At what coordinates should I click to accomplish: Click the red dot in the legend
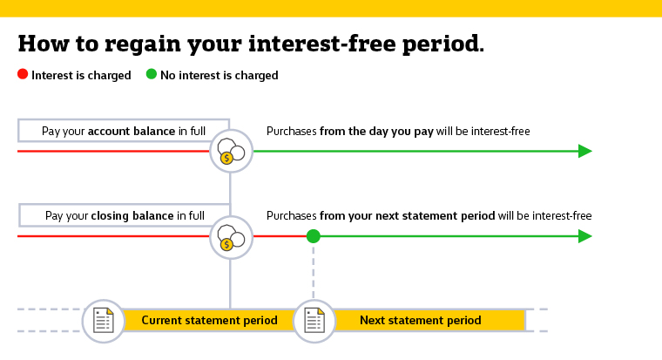[23, 75]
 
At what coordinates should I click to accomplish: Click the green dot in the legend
[152, 75]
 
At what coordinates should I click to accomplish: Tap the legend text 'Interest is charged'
[81, 76]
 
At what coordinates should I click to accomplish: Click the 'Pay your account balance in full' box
[123, 131]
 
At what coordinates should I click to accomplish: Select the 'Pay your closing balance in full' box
[123, 215]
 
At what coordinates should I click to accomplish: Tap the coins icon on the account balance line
[230, 152]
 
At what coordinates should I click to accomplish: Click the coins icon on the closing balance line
[230, 237]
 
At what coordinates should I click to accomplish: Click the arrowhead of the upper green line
[585, 151]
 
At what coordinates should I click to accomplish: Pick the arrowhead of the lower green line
[585, 236]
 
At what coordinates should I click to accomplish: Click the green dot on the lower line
[314, 236]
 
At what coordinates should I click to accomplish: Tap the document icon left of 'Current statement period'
[104, 321]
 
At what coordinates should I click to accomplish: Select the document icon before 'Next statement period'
[314, 321]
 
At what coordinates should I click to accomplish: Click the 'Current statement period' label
[209, 321]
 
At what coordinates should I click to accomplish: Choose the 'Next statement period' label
[420, 321]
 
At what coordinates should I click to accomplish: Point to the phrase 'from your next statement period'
[408, 215]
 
